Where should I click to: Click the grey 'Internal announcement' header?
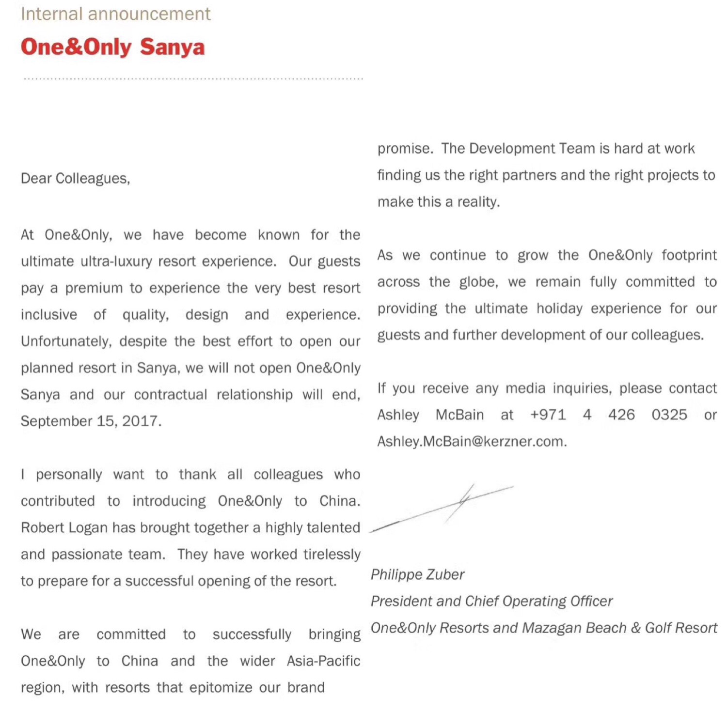point(115,14)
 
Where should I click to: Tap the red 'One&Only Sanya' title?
point(112,47)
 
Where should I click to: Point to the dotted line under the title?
point(193,78)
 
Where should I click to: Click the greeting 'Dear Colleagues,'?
point(75,179)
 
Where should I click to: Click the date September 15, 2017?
point(91,421)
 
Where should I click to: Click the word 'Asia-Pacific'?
point(323,661)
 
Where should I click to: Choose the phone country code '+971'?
point(548,415)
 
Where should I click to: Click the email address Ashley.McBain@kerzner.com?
point(472,441)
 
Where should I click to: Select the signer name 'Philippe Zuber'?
point(417,574)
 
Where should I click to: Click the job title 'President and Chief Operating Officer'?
point(491,601)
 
